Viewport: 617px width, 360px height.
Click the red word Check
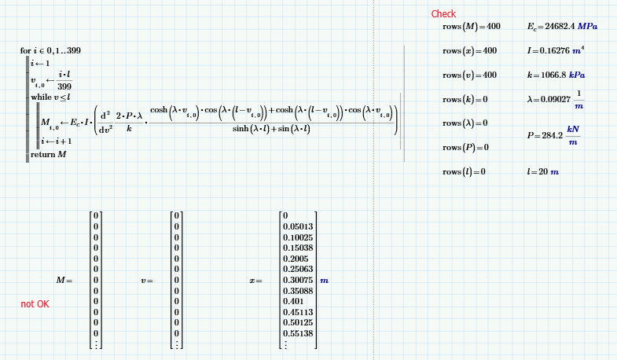[x=443, y=14]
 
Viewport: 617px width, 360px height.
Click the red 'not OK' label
[x=35, y=304]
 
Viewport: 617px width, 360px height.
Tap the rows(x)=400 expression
[x=469, y=51]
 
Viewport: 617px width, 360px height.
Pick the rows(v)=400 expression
[x=469, y=75]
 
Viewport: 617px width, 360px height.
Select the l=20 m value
[x=543, y=171]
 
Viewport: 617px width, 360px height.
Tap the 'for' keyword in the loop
[x=26, y=51]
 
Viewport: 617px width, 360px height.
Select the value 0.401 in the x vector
[x=292, y=301]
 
